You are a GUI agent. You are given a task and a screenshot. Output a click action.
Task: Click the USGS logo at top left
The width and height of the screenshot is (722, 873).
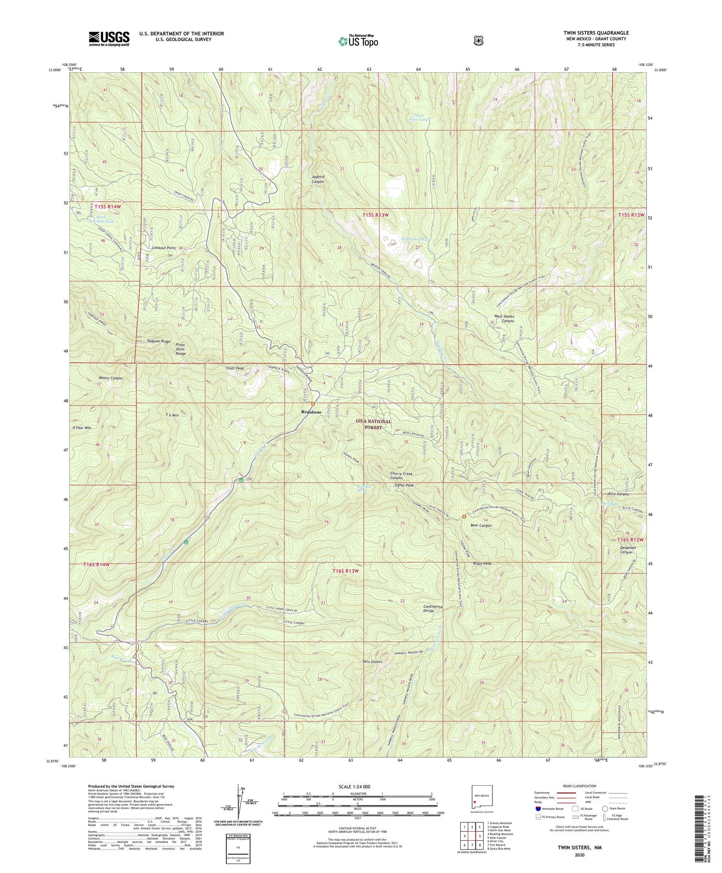(109, 39)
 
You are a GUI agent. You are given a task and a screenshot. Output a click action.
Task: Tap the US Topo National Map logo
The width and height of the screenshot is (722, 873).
(358, 40)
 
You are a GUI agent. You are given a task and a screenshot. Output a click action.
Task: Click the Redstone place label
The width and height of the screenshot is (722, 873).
(311, 412)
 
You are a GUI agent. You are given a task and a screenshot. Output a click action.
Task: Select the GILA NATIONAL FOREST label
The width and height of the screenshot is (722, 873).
(374, 424)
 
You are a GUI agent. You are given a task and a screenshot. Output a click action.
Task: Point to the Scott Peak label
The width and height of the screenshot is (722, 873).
(235, 368)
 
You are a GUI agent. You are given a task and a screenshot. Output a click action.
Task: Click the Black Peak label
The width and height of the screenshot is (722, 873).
(481, 563)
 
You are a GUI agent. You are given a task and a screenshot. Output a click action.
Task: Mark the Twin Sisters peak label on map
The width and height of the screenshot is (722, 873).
(372, 662)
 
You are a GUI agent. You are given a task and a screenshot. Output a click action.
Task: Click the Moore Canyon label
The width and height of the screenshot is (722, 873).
(111, 378)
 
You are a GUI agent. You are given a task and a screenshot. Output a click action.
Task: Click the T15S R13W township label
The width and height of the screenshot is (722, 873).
(375, 215)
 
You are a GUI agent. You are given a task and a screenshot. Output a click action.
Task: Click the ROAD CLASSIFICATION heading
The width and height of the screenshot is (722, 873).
(582, 786)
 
